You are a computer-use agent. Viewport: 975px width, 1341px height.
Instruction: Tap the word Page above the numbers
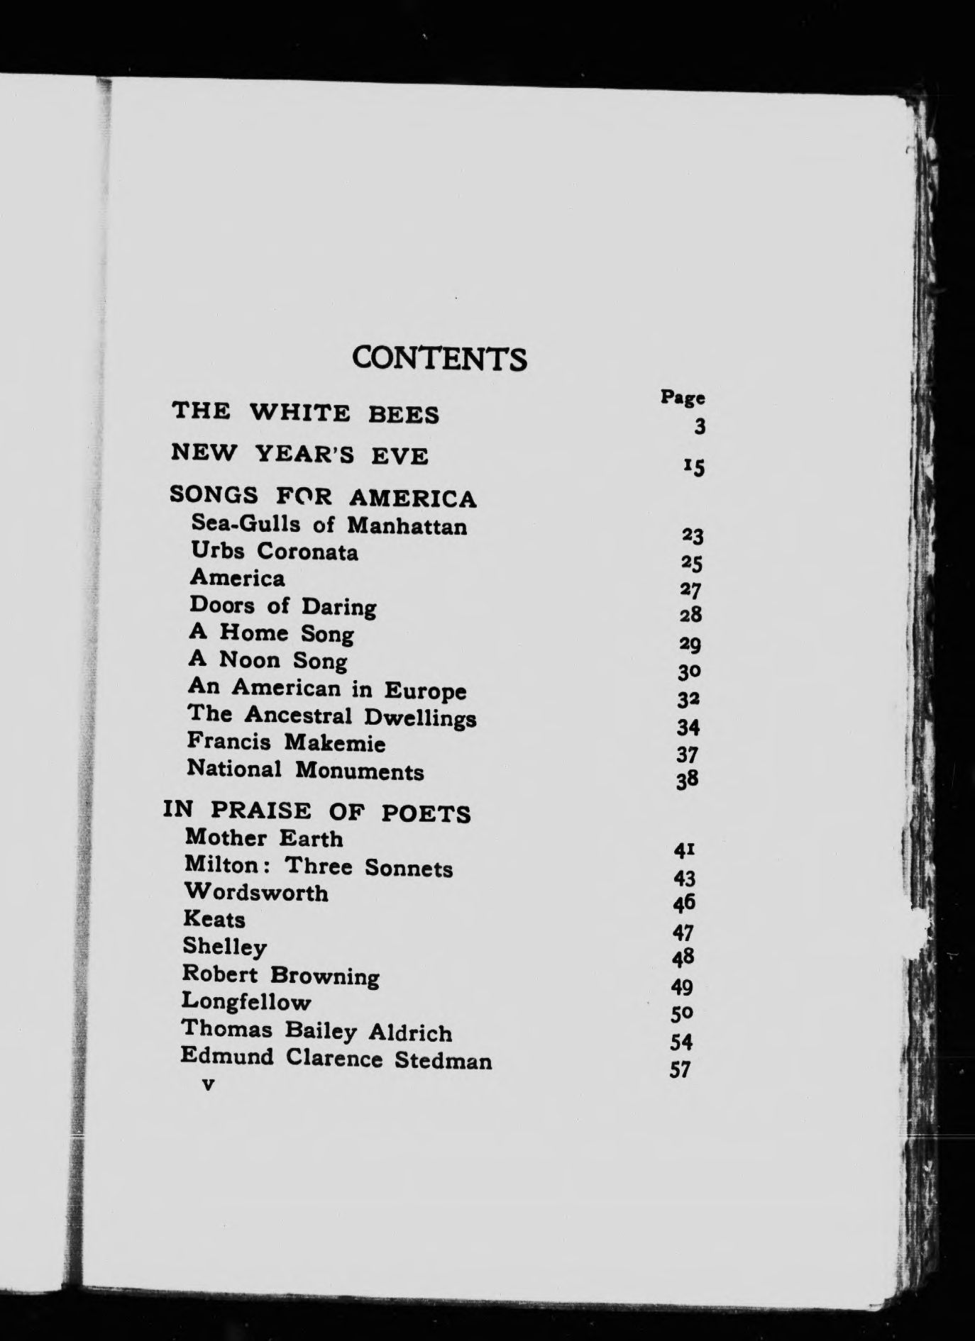683,397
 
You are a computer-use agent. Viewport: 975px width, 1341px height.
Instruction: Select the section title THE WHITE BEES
306,412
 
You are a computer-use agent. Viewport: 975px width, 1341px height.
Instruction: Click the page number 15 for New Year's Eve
693,467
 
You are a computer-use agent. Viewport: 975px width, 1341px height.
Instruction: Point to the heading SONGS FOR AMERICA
323,496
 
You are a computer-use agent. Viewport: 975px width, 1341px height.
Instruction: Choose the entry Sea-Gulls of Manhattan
329,525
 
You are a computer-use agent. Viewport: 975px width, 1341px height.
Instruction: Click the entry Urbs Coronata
274,551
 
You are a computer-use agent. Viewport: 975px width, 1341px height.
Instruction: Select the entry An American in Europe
327,689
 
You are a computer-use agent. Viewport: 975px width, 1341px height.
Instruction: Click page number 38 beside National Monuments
688,780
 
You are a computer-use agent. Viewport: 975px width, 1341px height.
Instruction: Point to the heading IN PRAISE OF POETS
317,811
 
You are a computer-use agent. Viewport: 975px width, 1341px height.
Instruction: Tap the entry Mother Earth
264,838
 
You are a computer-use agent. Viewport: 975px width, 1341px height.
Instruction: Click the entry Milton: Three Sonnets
318,867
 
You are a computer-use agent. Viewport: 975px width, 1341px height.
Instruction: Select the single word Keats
214,919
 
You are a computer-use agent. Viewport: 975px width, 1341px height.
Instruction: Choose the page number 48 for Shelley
683,958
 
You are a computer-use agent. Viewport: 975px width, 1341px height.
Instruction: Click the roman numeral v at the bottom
208,1084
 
